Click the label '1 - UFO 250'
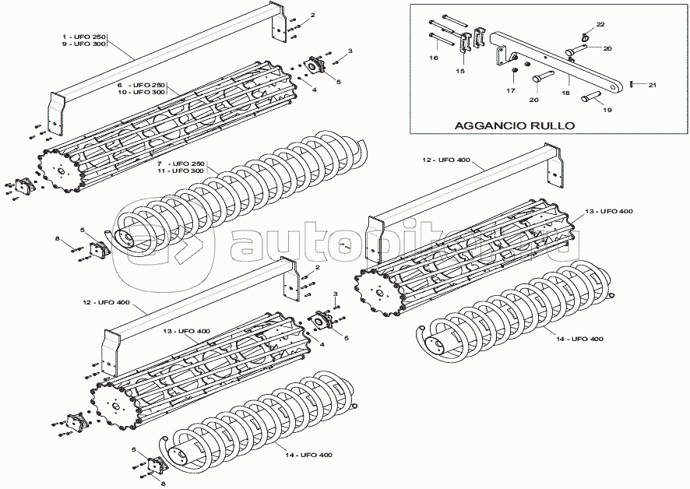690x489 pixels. pos(85,37)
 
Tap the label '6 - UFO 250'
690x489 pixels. pos(141,84)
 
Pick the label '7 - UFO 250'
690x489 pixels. pos(181,163)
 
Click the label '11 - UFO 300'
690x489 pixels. pos(180,171)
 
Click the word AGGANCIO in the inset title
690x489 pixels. pos(485,125)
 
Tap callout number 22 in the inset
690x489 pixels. pos(600,25)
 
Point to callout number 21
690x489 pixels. pos(653,84)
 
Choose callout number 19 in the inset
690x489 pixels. pos(607,110)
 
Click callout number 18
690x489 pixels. pos(565,93)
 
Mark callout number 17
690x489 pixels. pos(511,90)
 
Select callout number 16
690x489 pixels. pos(434,58)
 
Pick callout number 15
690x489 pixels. pos(460,71)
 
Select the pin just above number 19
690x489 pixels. pos(590,97)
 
